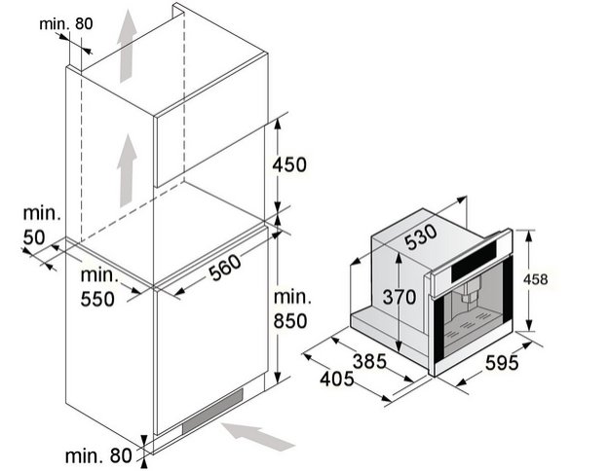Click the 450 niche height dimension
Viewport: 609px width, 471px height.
[x=289, y=164]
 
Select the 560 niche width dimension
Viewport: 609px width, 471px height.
[x=225, y=267]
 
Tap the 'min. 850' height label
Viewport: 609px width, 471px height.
[x=292, y=309]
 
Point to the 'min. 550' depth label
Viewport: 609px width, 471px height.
[x=99, y=287]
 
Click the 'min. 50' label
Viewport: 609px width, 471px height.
[x=42, y=226]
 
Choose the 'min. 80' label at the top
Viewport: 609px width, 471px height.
[x=66, y=24]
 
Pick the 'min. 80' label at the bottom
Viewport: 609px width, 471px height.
[x=98, y=455]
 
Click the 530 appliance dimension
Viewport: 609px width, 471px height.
[x=421, y=237]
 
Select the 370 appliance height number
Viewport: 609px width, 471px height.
[x=400, y=297]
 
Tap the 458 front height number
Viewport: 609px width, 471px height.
[x=535, y=279]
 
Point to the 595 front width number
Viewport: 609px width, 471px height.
[x=502, y=363]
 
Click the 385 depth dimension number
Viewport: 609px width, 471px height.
[x=369, y=362]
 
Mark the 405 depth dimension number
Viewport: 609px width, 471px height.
[x=337, y=380]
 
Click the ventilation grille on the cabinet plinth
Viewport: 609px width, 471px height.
[x=212, y=411]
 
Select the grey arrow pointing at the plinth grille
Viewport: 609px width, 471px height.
[x=258, y=436]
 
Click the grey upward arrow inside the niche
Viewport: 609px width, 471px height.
[x=127, y=170]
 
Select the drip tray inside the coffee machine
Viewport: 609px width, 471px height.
[x=474, y=327]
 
